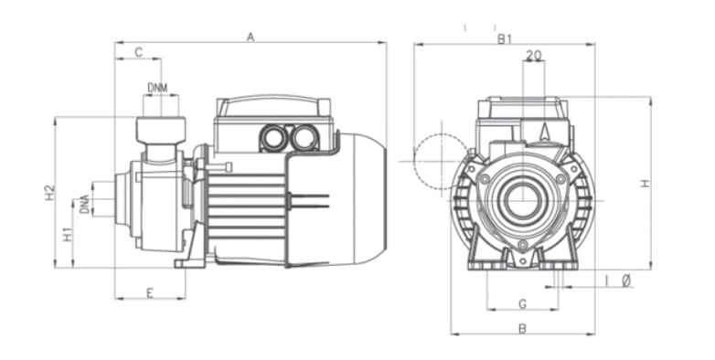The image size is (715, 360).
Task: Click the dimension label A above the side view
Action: [x=251, y=37]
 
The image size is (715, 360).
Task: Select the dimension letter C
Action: [x=139, y=52]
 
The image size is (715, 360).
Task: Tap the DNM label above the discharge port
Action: [x=157, y=88]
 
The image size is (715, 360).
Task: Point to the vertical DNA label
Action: [x=84, y=204]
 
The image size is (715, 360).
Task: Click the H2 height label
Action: [x=49, y=192]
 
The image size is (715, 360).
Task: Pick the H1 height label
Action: [x=68, y=234]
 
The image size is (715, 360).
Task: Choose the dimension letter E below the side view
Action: [x=150, y=293]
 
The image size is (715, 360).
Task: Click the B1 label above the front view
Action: [x=505, y=39]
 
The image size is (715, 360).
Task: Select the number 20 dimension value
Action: [x=534, y=55]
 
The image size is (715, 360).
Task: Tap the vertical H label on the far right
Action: [x=645, y=183]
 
